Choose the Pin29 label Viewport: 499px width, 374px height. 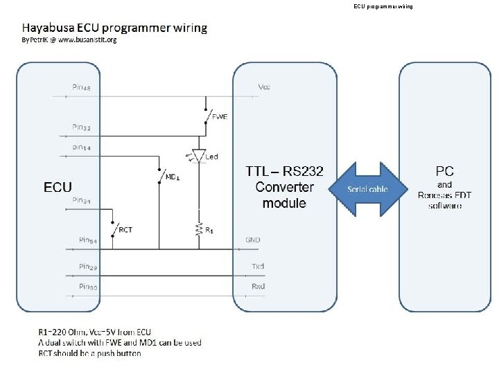[88, 266]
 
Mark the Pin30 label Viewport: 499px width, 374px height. [88, 285]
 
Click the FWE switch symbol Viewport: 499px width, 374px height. [207, 114]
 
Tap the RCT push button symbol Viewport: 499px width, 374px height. [113, 227]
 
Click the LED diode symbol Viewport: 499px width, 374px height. [200, 157]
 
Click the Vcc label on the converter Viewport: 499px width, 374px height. [264, 87]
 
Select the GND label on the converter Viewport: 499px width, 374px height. [253, 240]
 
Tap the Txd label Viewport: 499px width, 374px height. [259, 266]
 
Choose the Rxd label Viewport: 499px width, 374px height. [259, 285]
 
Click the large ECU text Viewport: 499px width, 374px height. [58, 187]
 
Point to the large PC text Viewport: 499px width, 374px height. [444, 170]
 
